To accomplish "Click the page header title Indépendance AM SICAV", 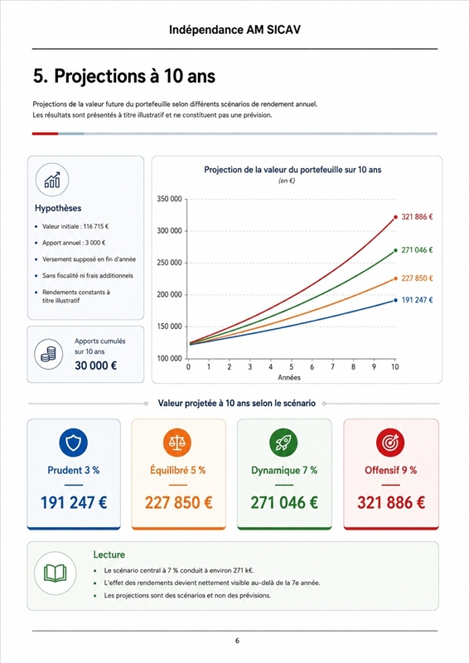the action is pyautogui.click(x=234, y=30).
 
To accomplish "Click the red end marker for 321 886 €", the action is pyautogui.click(x=395, y=217).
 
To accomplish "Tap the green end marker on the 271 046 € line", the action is pyautogui.click(x=395, y=250).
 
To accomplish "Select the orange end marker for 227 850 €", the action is pyautogui.click(x=395, y=278).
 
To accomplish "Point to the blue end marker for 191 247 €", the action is pyautogui.click(x=395, y=300).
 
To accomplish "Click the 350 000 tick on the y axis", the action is pyautogui.click(x=169, y=199).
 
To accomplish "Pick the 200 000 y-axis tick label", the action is pyautogui.click(x=169, y=294).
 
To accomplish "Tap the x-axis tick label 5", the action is pyautogui.click(x=292, y=366).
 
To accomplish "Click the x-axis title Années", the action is pyautogui.click(x=289, y=378).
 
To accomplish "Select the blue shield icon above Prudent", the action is pyautogui.click(x=74, y=443).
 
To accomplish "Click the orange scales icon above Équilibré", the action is pyautogui.click(x=177, y=443).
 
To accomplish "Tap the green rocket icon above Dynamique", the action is pyautogui.click(x=283, y=443).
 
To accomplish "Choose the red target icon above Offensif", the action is pyautogui.click(x=390, y=443).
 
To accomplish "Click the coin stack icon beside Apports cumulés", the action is pyautogui.click(x=49, y=355).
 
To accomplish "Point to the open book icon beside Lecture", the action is pyautogui.click(x=55, y=573).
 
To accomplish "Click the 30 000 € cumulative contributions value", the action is pyautogui.click(x=95, y=365).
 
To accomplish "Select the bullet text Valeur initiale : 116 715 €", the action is pyautogui.click(x=75, y=226).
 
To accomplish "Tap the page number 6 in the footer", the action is pyautogui.click(x=237, y=641).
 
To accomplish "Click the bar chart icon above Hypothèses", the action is pyautogui.click(x=52, y=180).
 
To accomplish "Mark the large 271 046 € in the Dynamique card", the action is pyautogui.click(x=284, y=502).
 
